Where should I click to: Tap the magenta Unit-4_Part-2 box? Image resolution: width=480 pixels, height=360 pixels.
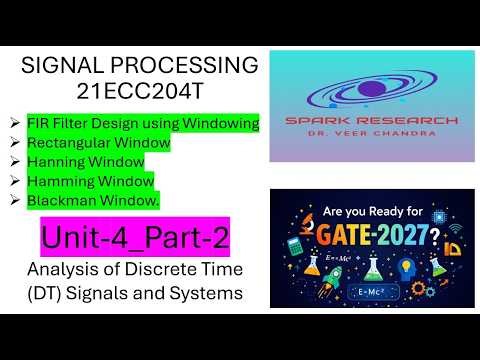(134, 238)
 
